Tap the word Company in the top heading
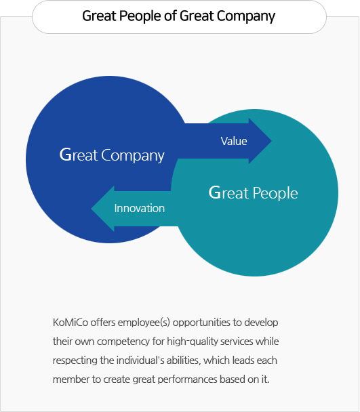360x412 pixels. (x=246, y=16)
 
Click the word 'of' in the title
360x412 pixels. (x=171, y=16)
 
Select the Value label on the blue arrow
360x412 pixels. (x=234, y=141)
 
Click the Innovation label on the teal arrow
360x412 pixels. (x=140, y=208)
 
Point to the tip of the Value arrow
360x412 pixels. (x=271, y=141)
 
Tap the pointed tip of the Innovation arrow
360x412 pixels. (x=92, y=209)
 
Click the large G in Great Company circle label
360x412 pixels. (x=66, y=154)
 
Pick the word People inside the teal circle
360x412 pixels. (x=275, y=194)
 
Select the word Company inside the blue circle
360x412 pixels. (x=133, y=156)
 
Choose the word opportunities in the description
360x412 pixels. (x=201, y=323)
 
